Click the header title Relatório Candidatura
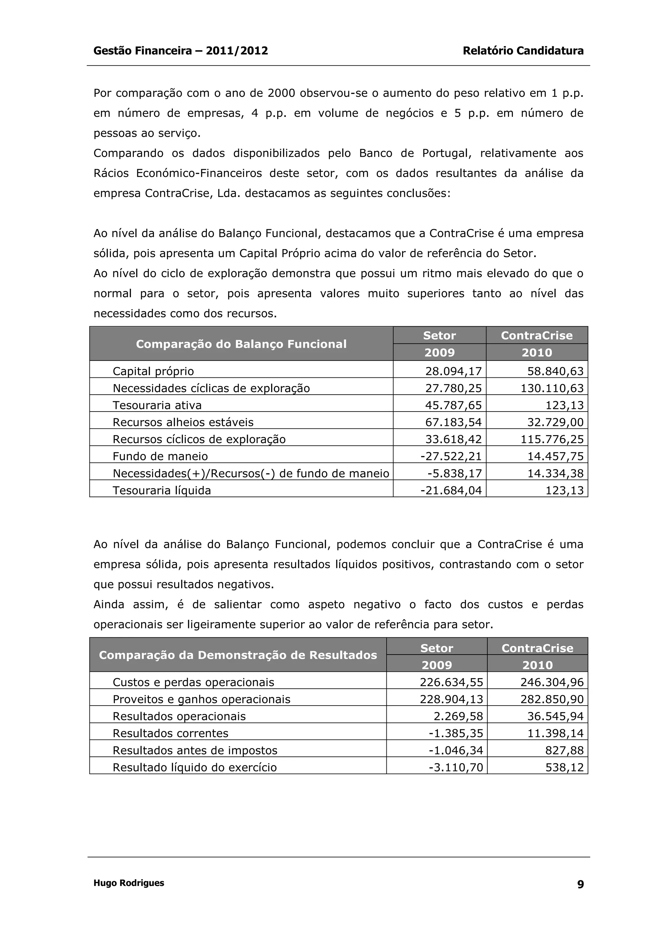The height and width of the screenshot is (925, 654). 523,51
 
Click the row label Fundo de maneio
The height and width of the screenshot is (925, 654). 160,456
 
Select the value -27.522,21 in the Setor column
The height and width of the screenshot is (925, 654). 451,456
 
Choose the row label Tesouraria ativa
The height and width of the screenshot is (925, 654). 157,405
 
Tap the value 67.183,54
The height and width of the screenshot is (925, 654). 453,422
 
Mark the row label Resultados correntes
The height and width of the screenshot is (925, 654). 170,733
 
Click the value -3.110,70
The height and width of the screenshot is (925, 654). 456,768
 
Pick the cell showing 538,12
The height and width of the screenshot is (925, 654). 564,768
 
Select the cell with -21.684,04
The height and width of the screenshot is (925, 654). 451,490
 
